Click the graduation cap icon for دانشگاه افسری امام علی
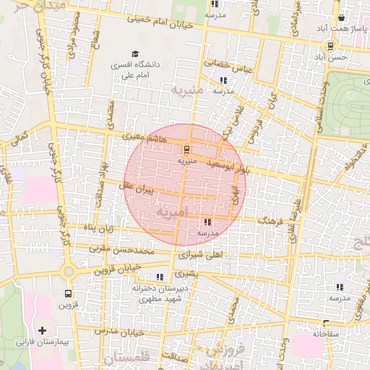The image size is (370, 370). point(134,53)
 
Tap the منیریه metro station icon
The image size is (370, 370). point(187,150)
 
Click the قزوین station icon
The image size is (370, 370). point(68,293)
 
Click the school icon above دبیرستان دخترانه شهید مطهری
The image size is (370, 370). point(159,277)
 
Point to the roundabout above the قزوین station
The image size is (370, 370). point(69,272)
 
